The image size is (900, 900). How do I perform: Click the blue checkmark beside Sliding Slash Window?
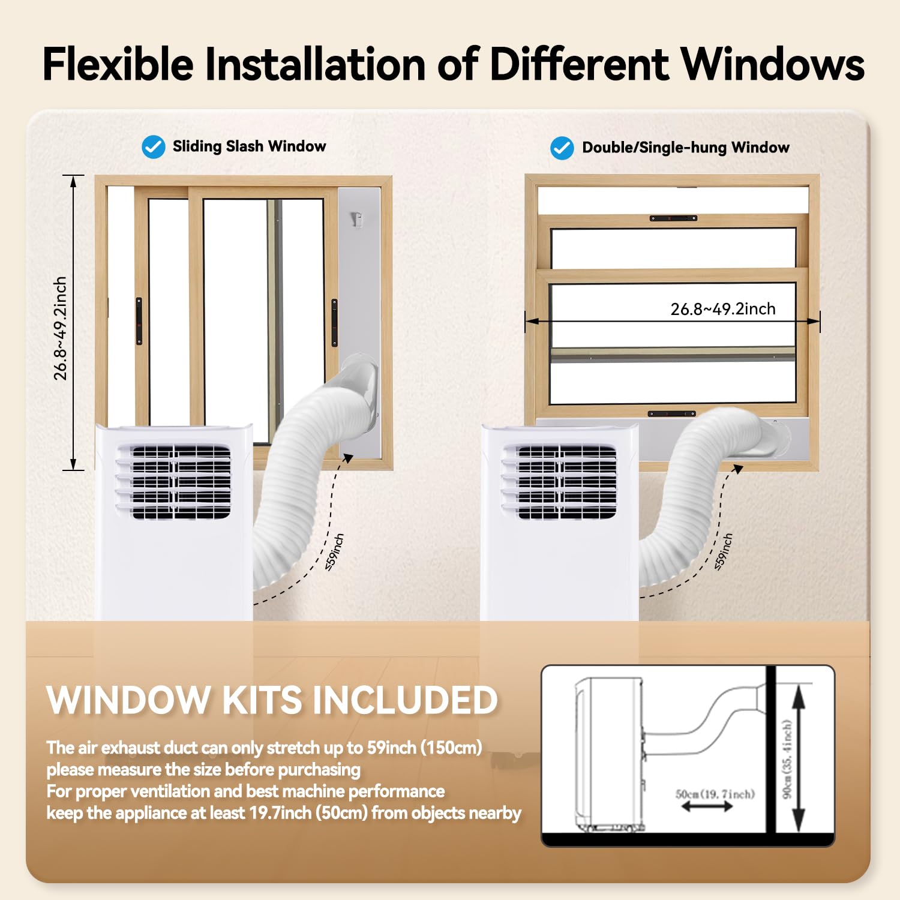point(154,147)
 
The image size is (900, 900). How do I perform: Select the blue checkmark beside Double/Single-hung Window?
point(562,148)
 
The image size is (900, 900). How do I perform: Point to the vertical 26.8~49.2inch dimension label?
point(60,328)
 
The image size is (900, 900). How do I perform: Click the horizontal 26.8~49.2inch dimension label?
point(723,308)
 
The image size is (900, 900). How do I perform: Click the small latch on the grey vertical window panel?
point(358,220)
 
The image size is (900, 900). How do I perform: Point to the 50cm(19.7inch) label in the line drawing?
point(715,794)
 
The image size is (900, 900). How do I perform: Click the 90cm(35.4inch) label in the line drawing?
point(788,759)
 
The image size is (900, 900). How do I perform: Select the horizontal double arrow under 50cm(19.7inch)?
point(707,807)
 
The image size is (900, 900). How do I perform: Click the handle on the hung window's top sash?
point(673,218)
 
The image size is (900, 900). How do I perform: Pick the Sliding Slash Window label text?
point(250,146)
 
